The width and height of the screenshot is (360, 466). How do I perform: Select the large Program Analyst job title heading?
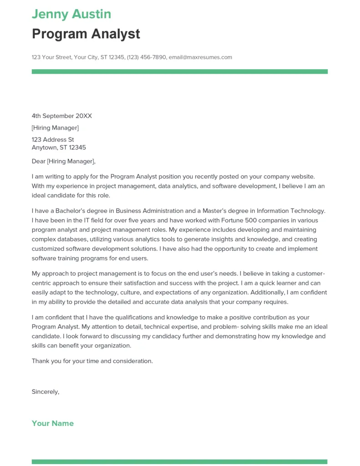[86, 34]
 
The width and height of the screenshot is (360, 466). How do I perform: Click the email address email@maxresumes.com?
[200, 57]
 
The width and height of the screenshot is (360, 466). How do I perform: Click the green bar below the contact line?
[180, 71]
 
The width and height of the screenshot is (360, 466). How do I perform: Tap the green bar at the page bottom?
[180, 461]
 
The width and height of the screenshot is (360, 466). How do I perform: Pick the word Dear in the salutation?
[39, 161]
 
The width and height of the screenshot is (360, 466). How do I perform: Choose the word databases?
[73, 239]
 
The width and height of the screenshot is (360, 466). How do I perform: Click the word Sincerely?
[46, 391]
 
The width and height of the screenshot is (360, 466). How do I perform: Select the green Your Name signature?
[53, 423]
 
